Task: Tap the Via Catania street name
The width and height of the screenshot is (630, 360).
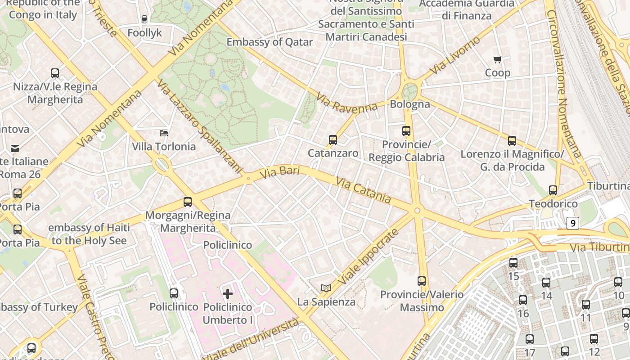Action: (x=363, y=189)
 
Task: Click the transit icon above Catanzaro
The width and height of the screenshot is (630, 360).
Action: (x=333, y=140)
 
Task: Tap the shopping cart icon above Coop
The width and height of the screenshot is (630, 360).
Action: (x=498, y=60)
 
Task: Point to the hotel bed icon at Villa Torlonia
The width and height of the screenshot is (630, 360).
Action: (x=164, y=133)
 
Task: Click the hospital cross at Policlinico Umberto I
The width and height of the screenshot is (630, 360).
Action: (x=228, y=294)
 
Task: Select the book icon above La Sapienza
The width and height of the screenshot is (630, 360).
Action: (x=326, y=288)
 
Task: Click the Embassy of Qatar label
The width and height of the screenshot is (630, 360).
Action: (x=270, y=42)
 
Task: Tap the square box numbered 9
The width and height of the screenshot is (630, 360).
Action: (x=572, y=223)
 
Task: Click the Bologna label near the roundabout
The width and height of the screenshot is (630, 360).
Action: (x=410, y=104)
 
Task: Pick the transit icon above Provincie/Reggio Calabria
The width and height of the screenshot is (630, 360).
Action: (x=406, y=131)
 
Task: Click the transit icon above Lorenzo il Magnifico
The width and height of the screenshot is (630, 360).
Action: (x=512, y=141)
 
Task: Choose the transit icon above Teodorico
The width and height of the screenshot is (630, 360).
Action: (x=553, y=190)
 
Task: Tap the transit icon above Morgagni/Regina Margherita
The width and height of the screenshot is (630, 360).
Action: (x=188, y=202)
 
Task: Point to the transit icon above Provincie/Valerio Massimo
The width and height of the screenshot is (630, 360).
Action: (x=422, y=281)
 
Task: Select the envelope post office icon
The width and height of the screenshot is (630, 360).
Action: (x=15, y=148)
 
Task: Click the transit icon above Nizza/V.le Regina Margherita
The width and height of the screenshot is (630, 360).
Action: (x=55, y=73)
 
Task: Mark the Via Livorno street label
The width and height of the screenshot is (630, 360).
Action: (x=455, y=56)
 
